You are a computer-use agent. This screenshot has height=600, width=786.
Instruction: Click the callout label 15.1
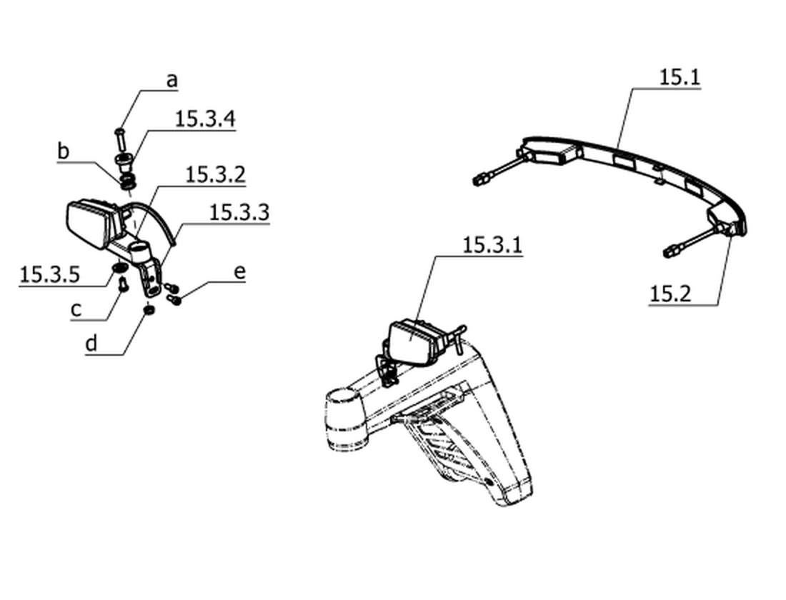click(680, 77)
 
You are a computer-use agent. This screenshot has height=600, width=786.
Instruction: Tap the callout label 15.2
click(670, 294)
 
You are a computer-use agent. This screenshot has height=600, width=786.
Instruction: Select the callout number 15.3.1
click(492, 245)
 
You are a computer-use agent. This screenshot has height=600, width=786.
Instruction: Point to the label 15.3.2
click(216, 174)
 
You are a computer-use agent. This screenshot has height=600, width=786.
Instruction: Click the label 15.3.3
click(239, 212)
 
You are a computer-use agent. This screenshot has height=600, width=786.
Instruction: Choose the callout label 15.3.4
click(205, 119)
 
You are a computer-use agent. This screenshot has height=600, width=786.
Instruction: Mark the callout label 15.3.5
click(49, 275)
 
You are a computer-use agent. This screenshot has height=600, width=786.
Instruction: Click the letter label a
click(172, 80)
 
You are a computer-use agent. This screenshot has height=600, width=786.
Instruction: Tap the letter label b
click(63, 151)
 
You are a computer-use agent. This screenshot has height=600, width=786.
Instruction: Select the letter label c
click(76, 309)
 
